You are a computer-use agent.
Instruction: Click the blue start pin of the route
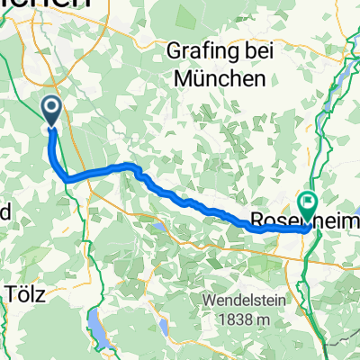point(51,112)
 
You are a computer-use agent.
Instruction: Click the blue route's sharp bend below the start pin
point(67,179)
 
